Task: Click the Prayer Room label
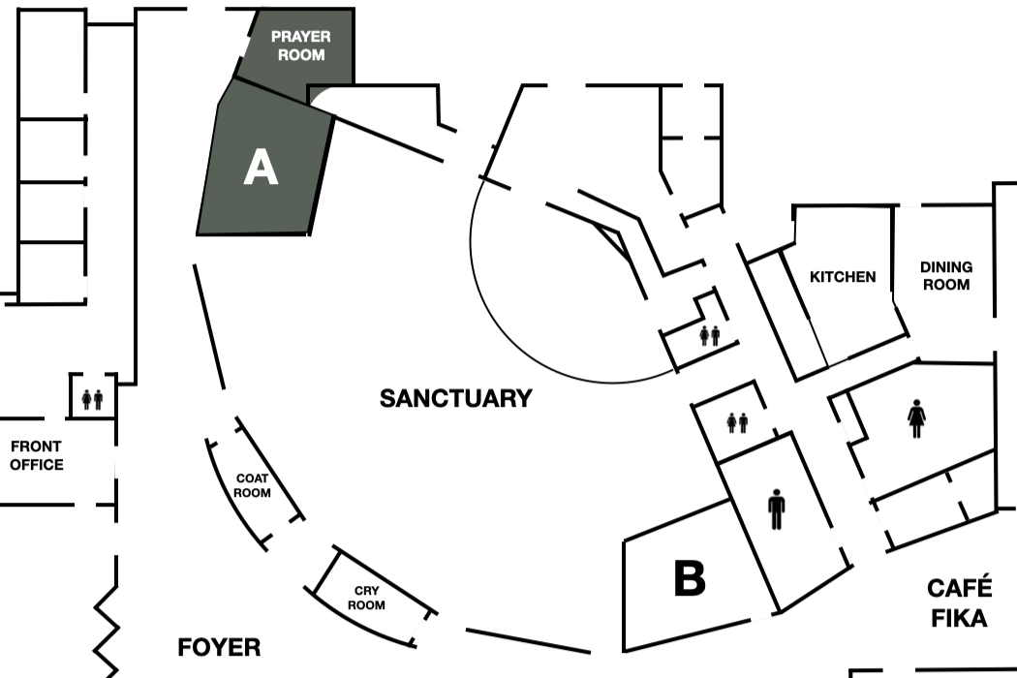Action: coord(301,46)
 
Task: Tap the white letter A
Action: coord(261,167)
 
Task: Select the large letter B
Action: coord(690,577)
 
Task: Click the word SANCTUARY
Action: coord(456,398)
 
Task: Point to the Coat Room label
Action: coord(252,485)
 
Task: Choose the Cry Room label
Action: coord(366,598)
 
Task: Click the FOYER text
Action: coord(219,647)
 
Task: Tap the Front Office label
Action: coord(37,455)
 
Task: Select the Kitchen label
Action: coord(843,276)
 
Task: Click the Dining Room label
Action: coord(946,276)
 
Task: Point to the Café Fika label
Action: coord(959,602)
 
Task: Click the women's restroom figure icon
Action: coord(916,418)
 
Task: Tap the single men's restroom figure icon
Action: coord(777,509)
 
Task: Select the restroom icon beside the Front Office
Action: coord(92,399)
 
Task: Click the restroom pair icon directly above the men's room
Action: coord(737,423)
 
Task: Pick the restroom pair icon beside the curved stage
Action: coord(710,335)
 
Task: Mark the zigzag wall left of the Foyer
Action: coord(108,630)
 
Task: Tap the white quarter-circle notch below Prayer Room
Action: coord(321,96)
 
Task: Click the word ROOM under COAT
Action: coord(252,492)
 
